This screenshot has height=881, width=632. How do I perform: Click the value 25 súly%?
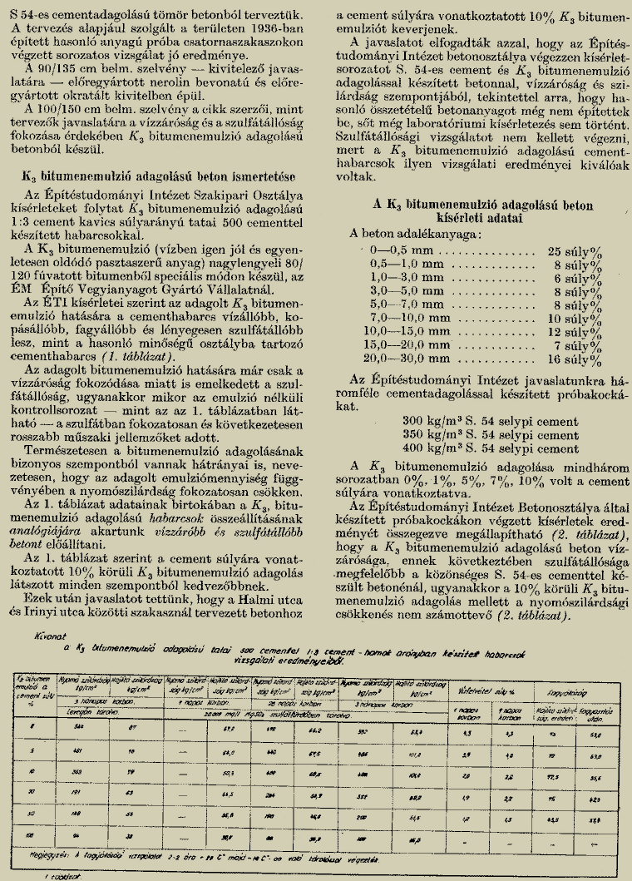[x=575, y=250]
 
